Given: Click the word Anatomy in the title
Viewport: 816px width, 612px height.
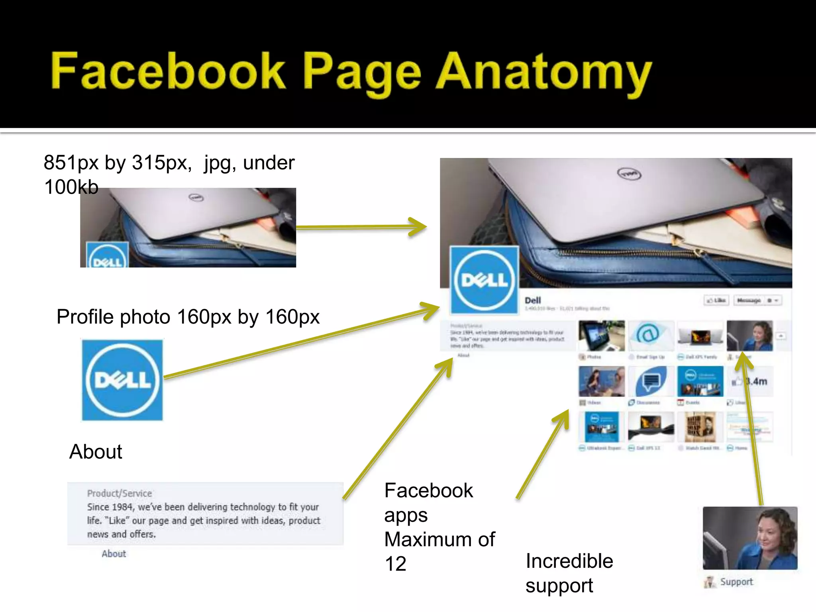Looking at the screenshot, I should pos(544,72).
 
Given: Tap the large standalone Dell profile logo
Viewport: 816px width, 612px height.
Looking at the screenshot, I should pos(122,380).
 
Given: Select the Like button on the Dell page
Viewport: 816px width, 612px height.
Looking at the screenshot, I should pos(716,300).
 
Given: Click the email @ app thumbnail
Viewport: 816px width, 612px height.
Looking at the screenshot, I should pos(651,335).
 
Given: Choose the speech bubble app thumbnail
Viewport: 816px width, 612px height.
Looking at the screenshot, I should pos(651,381).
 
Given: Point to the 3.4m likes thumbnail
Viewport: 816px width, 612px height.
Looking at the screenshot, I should pos(750,381).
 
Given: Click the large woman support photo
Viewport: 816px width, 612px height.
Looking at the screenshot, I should pos(750,538).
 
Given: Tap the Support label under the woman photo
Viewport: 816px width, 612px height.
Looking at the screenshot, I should pos(736,582).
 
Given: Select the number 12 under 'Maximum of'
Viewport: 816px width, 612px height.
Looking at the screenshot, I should pos(395,564).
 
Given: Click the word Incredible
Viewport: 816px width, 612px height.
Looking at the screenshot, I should pos(569,561).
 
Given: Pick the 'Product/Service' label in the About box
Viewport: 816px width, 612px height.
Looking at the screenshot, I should pos(120,493).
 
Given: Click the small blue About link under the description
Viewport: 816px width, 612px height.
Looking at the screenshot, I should pos(114,553).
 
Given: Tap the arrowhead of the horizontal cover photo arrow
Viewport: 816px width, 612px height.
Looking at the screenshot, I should pos(418,227).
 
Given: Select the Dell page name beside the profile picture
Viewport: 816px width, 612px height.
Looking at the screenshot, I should pos(533,300).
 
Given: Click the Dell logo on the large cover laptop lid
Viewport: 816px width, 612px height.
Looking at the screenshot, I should pos(629,174).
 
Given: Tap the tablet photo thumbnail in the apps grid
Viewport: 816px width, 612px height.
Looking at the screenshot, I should pos(602,335).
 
